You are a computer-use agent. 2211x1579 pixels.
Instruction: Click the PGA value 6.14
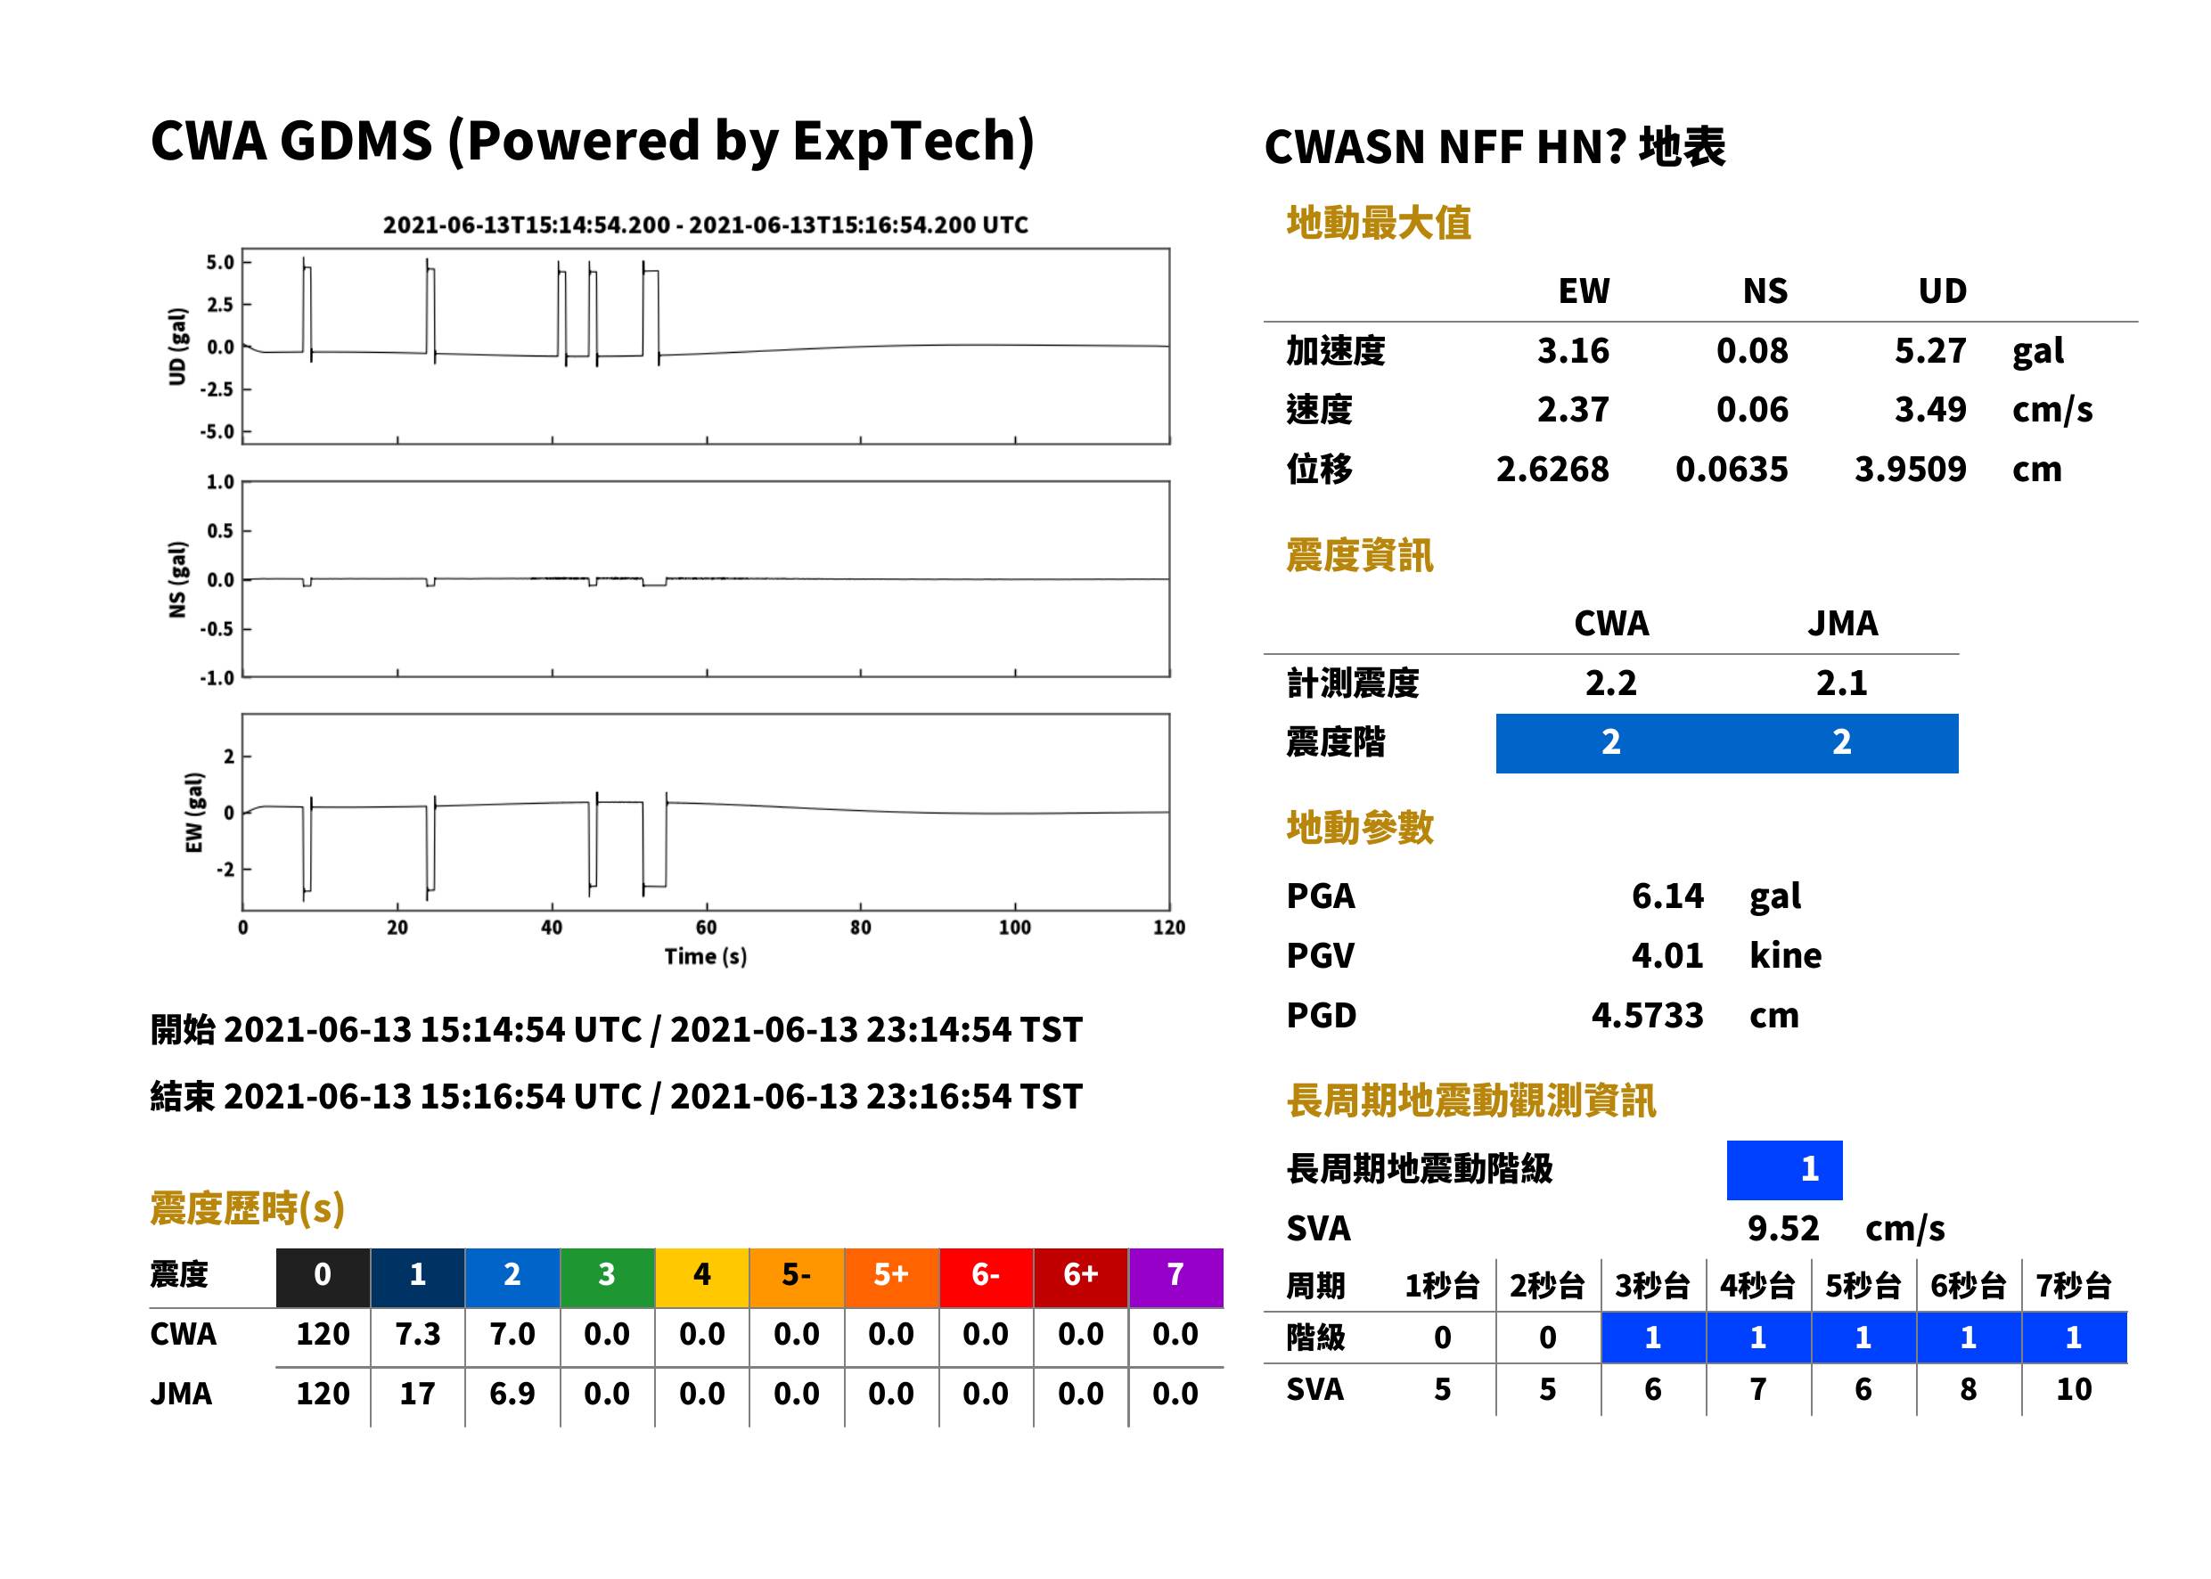pos(1666,896)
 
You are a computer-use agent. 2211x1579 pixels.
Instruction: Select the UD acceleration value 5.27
pos(1929,350)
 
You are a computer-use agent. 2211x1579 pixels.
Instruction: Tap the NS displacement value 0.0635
pos(1731,469)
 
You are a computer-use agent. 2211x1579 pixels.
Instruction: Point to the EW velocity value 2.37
pos(1572,409)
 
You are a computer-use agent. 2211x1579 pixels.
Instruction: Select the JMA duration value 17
pos(417,1394)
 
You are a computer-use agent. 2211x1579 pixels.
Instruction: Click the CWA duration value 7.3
pos(417,1334)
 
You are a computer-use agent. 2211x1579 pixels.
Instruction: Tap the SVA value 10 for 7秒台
pos(2073,1389)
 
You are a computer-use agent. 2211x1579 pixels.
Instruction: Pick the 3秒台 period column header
pos(1652,1285)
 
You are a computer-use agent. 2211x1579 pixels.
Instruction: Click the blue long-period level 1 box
pos(1784,1170)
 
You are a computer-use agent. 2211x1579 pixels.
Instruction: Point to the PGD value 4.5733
pos(1647,1015)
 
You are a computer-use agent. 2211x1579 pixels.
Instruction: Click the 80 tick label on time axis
pos(861,928)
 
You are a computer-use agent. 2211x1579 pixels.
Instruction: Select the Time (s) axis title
pos(706,957)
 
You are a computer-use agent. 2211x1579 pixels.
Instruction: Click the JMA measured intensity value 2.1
pos(1841,683)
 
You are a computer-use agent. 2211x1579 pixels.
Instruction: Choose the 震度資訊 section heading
pos(1359,555)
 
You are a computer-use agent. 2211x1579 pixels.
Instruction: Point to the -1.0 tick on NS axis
pos(217,678)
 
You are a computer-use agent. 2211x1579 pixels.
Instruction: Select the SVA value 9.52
pos(1782,1229)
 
